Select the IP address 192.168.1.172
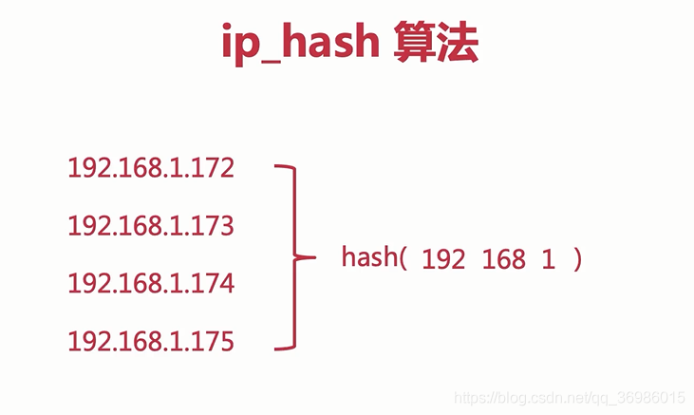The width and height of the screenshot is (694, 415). pos(151,169)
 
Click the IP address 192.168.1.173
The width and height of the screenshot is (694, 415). pos(151,226)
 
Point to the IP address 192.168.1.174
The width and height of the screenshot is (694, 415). pos(151,284)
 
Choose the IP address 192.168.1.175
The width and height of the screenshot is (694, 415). pos(151,341)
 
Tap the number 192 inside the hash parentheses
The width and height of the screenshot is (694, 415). pos(443,259)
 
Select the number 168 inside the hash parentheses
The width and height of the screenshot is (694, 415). pos(503,259)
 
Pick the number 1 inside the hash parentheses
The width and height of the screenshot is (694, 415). pos(549,259)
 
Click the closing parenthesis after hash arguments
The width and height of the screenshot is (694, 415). pos(576,259)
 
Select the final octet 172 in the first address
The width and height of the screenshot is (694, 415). pos(214,169)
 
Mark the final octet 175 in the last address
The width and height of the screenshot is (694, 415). pos(214,341)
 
